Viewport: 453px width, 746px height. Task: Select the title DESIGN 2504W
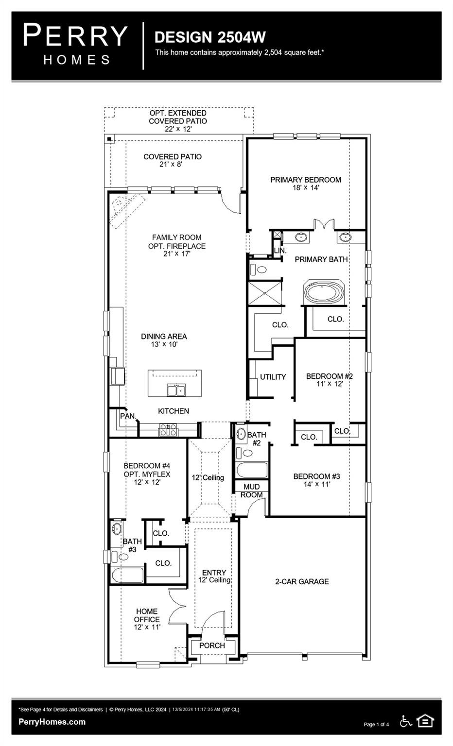pyautogui.click(x=209, y=37)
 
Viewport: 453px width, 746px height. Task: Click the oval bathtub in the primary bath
pyautogui.click(x=324, y=293)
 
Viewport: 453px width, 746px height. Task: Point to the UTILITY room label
pyautogui.click(x=273, y=377)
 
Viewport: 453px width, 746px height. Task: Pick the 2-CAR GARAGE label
pyautogui.click(x=302, y=581)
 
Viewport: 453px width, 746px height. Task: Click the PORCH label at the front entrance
pyautogui.click(x=212, y=645)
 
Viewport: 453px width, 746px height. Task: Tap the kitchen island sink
pyautogui.click(x=175, y=390)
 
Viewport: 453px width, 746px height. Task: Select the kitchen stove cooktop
pyautogui.click(x=168, y=429)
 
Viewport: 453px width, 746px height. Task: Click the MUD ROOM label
pyautogui.click(x=251, y=491)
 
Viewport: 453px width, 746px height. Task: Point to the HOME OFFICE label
pyautogui.click(x=147, y=615)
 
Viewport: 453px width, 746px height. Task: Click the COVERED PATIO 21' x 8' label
pyautogui.click(x=172, y=160)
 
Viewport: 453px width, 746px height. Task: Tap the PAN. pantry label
pyautogui.click(x=128, y=416)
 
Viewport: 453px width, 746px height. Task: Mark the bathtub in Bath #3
pyautogui.click(x=128, y=575)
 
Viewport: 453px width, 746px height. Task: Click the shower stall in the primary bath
pyautogui.click(x=264, y=292)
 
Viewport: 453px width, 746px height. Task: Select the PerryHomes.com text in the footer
pyautogui.click(x=52, y=722)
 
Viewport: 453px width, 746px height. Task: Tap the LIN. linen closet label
pyautogui.click(x=280, y=251)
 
